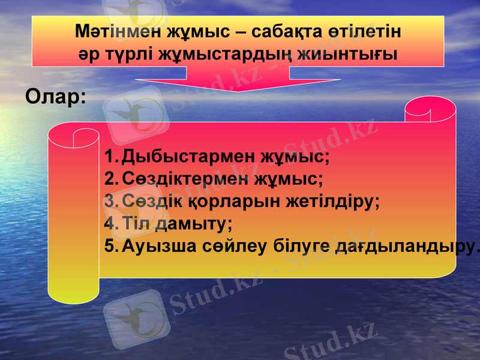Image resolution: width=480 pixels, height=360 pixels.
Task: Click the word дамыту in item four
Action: (x=193, y=223)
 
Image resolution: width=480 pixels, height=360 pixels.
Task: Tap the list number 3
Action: (x=110, y=201)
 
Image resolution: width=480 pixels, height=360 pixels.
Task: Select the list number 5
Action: (x=110, y=245)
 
